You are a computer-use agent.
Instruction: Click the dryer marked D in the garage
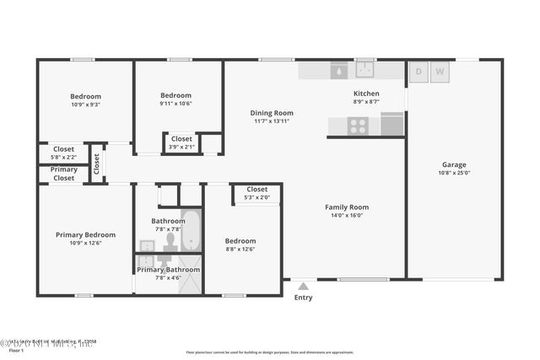418,73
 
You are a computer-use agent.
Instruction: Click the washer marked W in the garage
440,73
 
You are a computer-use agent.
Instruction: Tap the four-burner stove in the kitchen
358,126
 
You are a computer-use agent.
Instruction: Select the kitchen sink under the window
364,70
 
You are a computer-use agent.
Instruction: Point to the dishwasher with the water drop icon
338,71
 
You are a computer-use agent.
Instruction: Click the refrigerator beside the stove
391,124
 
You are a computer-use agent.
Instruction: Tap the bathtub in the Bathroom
191,230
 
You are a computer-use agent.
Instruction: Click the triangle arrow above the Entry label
303,287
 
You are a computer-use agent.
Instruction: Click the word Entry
303,298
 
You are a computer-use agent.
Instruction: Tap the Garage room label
454,165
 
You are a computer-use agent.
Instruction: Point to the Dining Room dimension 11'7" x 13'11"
272,121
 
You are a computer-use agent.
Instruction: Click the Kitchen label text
366,94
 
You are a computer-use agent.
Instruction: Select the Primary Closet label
64,174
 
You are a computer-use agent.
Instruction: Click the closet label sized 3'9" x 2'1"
181,147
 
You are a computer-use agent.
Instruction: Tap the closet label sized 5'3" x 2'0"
257,198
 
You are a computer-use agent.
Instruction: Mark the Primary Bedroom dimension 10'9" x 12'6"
85,243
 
